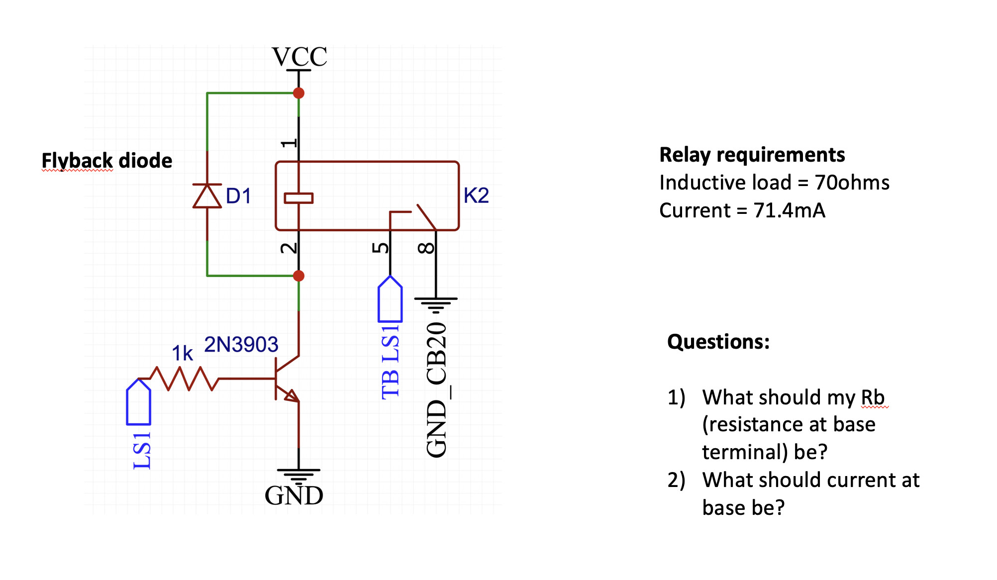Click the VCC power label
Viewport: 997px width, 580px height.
point(299,57)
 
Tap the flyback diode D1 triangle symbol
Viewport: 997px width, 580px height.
point(207,196)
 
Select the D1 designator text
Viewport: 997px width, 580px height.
point(238,196)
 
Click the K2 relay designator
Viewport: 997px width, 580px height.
point(476,195)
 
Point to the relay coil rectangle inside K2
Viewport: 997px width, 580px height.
point(299,198)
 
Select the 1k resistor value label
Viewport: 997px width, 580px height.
point(182,354)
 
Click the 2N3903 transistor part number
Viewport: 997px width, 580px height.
point(241,345)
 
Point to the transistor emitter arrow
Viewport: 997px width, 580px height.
point(292,395)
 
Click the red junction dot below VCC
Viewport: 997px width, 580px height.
point(299,93)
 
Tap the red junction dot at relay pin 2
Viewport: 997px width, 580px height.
point(299,276)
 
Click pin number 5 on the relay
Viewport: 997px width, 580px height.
point(381,247)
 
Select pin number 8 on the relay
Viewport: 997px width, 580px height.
point(426,248)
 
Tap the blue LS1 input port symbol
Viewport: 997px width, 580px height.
point(138,402)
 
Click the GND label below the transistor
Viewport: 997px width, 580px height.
point(294,496)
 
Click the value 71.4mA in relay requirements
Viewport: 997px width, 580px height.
point(789,210)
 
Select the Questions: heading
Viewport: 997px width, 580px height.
point(718,342)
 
